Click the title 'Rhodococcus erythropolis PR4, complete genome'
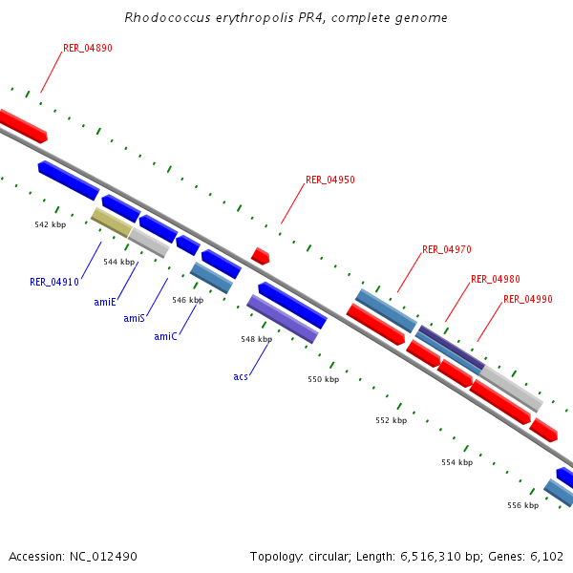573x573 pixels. point(286,18)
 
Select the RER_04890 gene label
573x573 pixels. point(88,49)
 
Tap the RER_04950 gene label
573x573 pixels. point(330,180)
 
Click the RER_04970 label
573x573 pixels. point(447,250)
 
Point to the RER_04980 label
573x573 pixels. point(496,280)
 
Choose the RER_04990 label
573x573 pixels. point(528,300)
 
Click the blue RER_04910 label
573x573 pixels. point(53,282)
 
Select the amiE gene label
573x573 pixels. point(105,302)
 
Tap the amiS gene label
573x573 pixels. point(134,318)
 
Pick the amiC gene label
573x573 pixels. point(165,336)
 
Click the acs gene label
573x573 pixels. point(241,376)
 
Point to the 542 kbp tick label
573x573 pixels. point(50,225)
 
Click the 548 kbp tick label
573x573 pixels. point(256,339)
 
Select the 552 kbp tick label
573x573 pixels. point(391,420)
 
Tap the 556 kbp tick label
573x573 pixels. point(522,505)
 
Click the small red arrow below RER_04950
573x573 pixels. point(260,256)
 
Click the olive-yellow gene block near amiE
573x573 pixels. point(111,223)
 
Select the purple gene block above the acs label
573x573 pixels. point(282,319)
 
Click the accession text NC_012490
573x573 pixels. point(73,556)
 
